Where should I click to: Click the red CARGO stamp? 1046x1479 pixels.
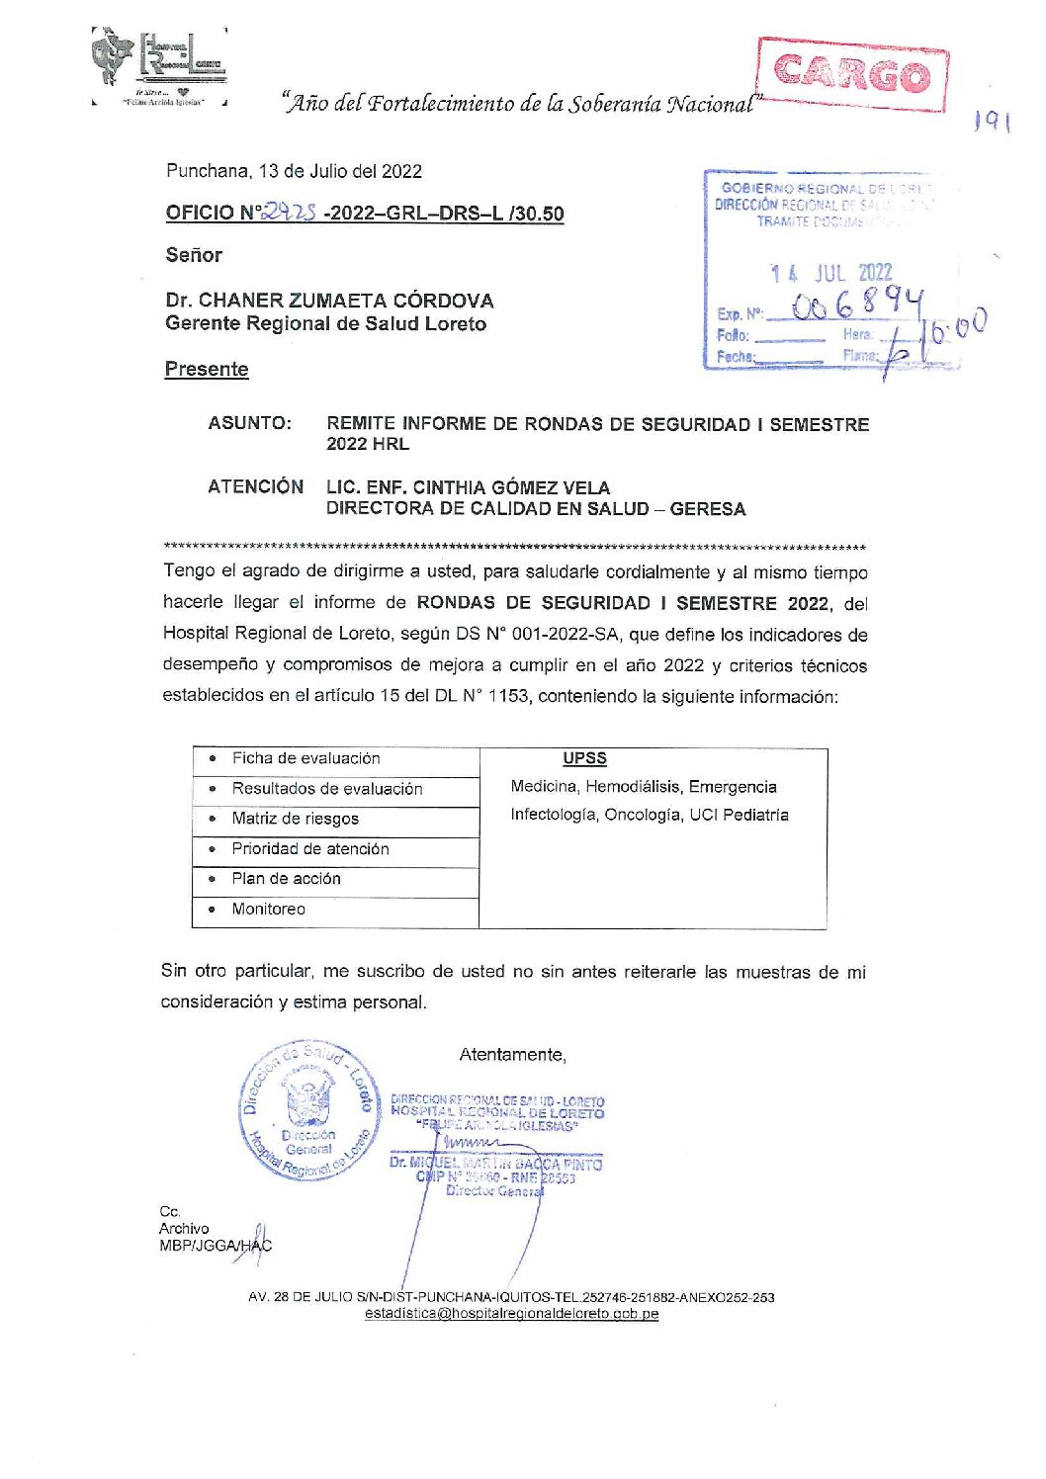pos(852,74)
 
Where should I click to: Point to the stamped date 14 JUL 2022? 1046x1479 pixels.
pos(831,273)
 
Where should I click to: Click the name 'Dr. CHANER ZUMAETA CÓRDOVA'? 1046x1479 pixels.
pos(329,301)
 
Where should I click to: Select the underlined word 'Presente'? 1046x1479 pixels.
pos(207,369)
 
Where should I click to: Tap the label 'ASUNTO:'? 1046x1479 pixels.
pos(249,423)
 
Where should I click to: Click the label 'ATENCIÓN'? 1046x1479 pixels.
pos(255,486)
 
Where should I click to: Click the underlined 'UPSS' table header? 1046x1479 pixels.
pos(584,758)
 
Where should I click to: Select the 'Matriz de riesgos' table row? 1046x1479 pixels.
pos(295,819)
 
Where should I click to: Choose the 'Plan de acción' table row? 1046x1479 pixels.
pos(286,878)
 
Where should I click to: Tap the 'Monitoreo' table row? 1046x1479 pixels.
pos(268,909)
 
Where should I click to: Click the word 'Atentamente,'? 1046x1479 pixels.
pos(512,1055)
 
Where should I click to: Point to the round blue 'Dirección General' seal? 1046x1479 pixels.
pos(308,1111)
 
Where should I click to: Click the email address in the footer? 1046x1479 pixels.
pos(511,1314)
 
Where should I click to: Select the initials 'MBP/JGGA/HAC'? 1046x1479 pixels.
pos(215,1246)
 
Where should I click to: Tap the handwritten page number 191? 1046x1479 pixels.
pos(991,122)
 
